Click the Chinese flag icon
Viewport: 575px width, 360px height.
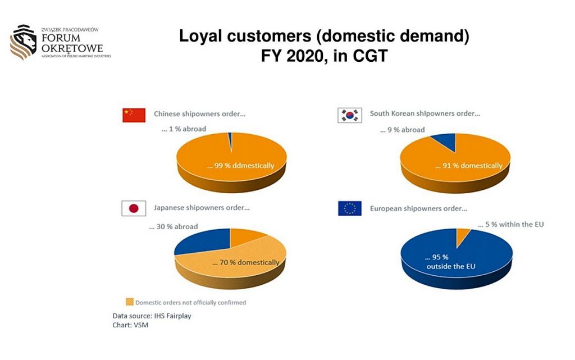pos(134,115)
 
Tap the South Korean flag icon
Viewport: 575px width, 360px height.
pos(350,115)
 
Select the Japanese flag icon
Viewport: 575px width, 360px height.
pos(134,208)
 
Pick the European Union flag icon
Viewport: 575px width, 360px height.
pos(350,208)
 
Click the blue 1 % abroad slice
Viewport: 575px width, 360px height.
pos(230,139)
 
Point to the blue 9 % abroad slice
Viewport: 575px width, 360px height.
pos(446,141)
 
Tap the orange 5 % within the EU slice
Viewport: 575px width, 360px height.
pos(462,236)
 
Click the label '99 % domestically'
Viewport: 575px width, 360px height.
pos(240,166)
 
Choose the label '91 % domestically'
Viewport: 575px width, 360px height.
pos(469,166)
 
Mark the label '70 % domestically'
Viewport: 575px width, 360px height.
pos(246,262)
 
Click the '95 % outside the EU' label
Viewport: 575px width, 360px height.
pos(450,262)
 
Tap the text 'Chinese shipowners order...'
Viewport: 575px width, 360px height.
pos(199,114)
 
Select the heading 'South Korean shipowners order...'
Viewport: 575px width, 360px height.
pos(425,113)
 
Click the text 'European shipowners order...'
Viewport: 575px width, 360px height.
pos(418,208)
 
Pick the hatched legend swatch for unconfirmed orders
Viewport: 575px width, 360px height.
pos(130,302)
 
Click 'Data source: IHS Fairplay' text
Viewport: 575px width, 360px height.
pos(152,316)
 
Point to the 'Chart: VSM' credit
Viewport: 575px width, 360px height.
pos(130,325)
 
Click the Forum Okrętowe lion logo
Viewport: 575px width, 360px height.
pos(23,42)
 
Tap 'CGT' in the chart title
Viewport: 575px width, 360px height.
pos(370,56)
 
